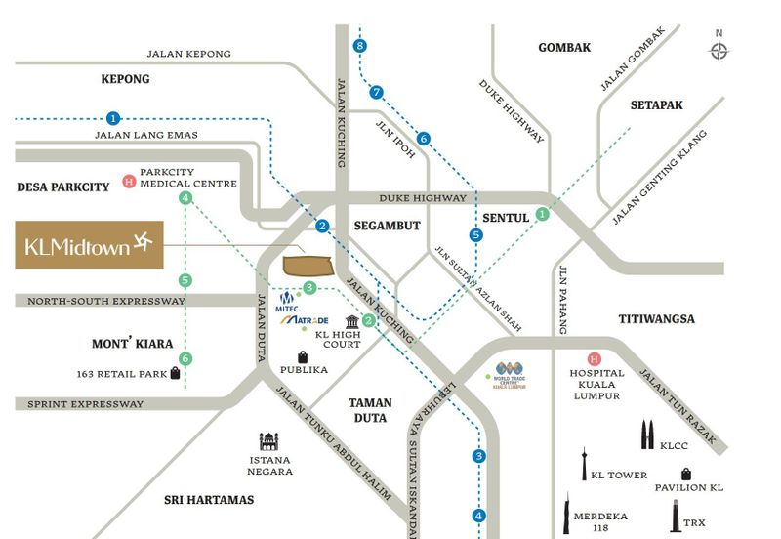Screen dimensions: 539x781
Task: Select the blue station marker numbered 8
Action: (x=361, y=46)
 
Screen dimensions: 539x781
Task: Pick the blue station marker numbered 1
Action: (x=113, y=117)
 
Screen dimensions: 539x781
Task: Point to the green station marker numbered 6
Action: (x=185, y=358)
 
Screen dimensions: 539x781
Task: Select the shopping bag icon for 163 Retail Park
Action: (x=176, y=373)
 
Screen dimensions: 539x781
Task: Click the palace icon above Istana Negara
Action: (x=269, y=442)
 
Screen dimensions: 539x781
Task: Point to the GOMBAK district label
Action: (x=564, y=47)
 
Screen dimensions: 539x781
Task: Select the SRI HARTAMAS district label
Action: (x=209, y=500)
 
